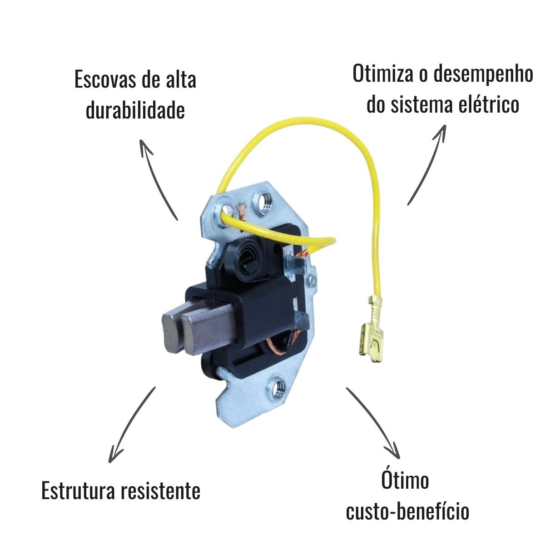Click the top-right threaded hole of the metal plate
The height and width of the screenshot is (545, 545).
[x=264, y=202]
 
